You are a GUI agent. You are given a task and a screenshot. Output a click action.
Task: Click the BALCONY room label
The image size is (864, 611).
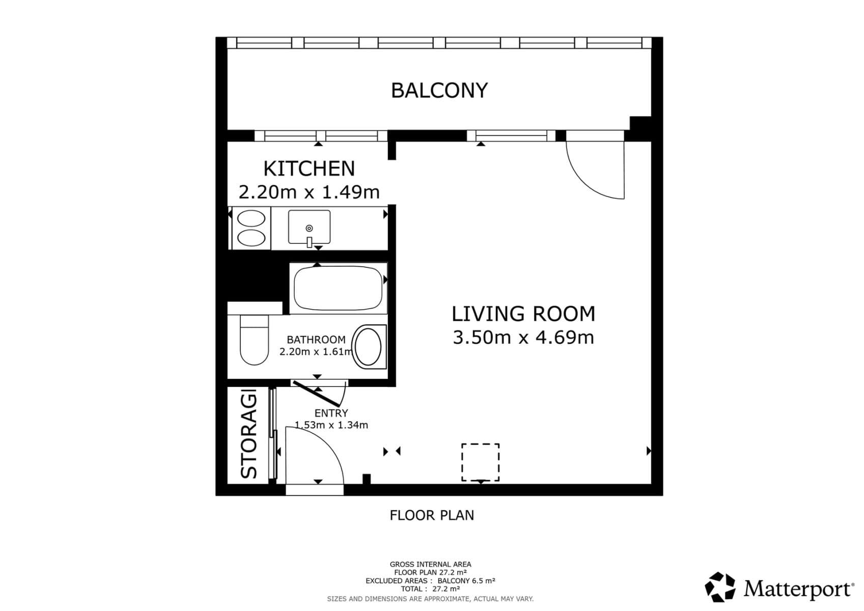click(439, 91)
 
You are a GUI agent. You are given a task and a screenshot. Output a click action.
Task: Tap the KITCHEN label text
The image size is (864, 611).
click(309, 169)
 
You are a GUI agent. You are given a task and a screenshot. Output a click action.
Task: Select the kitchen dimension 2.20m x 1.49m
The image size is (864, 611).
click(309, 192)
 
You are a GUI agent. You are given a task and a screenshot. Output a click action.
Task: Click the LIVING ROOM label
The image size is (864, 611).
click(523, 314)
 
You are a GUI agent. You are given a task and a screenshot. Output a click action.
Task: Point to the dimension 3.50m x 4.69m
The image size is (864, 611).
click(523, 337)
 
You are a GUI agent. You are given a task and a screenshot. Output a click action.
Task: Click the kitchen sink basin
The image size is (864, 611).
click(309, 227)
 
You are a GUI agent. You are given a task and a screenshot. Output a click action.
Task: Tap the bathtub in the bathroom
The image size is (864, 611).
click(338, 288)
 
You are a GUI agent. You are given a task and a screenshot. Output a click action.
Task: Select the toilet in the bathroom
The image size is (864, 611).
click(254, 340)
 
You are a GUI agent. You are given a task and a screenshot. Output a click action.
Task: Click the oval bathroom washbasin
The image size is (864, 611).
click(368, 347)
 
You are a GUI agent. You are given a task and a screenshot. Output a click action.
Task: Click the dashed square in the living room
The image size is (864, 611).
click(480, 462)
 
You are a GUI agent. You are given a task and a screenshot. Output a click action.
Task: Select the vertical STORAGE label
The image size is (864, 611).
click(249, 434)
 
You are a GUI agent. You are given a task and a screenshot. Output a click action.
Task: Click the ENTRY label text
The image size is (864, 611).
click(331, 413)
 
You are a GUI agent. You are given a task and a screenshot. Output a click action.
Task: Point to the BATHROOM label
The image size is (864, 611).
click(316, 340)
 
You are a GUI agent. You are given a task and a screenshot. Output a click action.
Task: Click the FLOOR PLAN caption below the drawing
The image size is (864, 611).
click(432, 515)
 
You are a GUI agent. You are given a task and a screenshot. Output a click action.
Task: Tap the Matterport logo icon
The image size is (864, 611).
click(720, 587)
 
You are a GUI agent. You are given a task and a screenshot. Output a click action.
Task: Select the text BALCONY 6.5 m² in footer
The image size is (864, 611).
click(466, 580)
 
